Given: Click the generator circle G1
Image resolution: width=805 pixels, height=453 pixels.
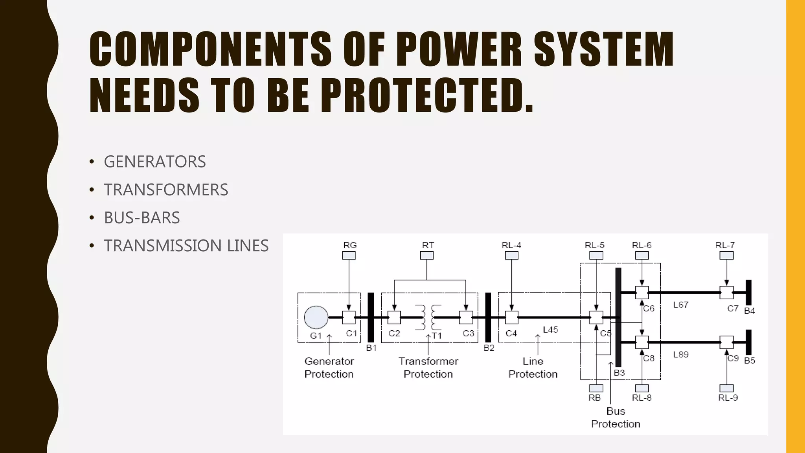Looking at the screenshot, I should point(316,317).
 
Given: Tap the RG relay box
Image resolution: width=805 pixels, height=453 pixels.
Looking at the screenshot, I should point(349,256).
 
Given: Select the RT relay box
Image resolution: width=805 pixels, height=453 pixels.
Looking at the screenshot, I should point(426,256).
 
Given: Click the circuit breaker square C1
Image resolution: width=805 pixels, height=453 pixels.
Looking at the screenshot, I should point(349,317).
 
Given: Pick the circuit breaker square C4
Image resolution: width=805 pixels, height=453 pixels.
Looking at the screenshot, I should point(511,317).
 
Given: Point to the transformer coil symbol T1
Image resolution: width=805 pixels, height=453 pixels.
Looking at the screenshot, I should point(428,317).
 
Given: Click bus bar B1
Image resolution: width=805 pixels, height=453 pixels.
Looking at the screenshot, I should point(371,317).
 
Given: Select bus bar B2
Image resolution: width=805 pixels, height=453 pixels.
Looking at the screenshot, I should point(488,317).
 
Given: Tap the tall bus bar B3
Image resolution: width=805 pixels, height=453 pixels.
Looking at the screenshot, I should point(618,317).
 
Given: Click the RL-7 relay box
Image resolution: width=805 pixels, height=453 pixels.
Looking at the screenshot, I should point(726,256).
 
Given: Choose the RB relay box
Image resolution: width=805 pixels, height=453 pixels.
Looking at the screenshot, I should point(596,388).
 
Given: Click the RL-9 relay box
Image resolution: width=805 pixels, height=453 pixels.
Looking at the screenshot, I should point(726,388).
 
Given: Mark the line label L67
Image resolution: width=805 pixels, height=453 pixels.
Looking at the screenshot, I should point(681,305).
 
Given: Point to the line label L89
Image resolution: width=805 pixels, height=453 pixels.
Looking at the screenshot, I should point(681,355).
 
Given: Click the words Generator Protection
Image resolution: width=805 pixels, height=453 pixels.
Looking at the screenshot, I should point(329,368).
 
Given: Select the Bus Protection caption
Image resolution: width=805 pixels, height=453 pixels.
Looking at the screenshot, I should point(616,418).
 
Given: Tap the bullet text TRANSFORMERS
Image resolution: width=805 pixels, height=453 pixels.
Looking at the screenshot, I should point(166,190).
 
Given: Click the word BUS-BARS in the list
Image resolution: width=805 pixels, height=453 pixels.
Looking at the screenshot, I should point(142,218).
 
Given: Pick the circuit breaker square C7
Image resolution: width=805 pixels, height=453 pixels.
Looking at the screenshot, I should point(726,293).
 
